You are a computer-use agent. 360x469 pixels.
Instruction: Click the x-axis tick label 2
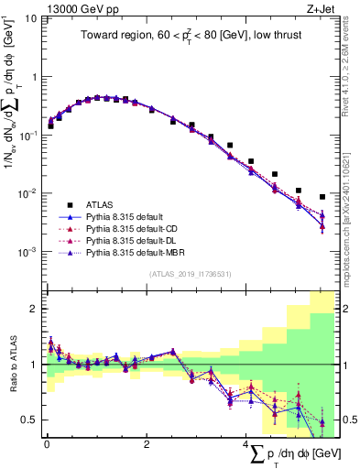147,443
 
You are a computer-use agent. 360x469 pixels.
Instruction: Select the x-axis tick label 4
246,443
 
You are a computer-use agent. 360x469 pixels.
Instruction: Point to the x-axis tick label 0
47,443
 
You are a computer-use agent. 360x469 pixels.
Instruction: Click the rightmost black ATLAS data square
322,197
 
